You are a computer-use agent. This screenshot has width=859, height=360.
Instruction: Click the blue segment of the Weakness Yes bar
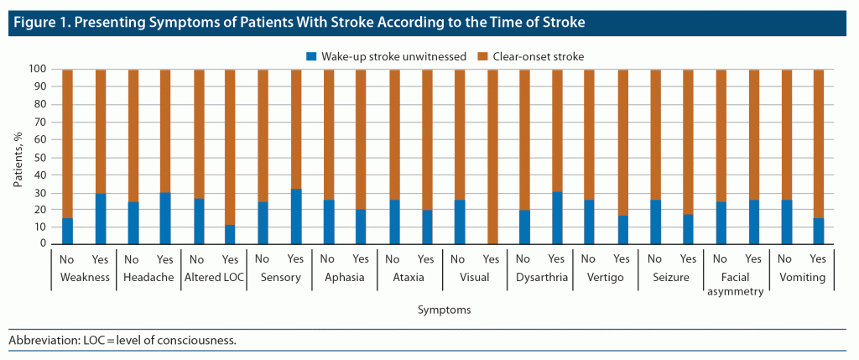[x=100, y=218]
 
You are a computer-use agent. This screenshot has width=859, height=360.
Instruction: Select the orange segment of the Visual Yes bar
[x=492, y=156]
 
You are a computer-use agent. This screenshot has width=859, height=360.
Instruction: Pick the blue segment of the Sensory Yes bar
[x=295, y=217]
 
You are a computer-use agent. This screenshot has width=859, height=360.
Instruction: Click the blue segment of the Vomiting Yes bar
[x=819, y=230]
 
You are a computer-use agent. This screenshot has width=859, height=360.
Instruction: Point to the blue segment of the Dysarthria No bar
[x=524, y=227]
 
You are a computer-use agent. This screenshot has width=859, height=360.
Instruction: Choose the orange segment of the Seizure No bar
[x=655, y=134]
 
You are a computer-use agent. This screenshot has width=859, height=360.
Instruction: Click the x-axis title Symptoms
[x=443, y=310]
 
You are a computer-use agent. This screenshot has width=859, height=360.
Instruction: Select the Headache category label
[x=148, y=277]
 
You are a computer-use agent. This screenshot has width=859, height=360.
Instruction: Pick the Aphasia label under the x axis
[x=345, y=277]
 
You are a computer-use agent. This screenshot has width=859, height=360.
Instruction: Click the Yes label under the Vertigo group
[x=622, y=258]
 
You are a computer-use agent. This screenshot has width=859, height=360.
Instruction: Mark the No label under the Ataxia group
[x=393, y=258]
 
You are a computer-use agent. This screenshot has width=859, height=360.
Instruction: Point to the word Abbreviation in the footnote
[x=38, y=340]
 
